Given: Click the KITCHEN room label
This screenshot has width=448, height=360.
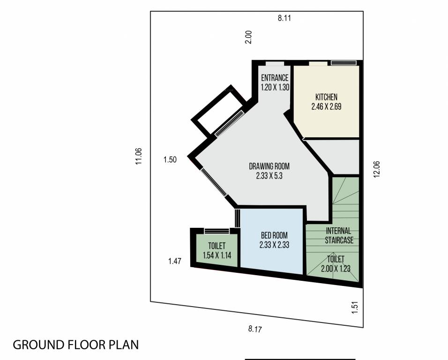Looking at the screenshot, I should point(326,97).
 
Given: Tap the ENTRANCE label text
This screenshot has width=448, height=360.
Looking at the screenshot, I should point(275,78).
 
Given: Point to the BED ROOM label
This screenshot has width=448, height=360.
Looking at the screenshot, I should point(274,235).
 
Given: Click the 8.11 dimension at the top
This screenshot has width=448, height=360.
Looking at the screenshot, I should point(285,19).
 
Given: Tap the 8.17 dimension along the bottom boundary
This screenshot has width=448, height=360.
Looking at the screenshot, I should point(254,329).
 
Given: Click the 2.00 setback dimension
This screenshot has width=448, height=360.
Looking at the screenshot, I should point(249,37).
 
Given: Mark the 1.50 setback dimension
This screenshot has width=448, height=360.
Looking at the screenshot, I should point(170,160).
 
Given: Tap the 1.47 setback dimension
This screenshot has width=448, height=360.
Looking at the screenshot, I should point(174,262).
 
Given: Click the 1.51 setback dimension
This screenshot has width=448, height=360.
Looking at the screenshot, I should point(355,308).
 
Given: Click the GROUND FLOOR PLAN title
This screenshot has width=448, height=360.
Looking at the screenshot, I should point(76,345).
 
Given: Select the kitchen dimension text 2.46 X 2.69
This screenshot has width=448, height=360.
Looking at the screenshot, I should point(326,106).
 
